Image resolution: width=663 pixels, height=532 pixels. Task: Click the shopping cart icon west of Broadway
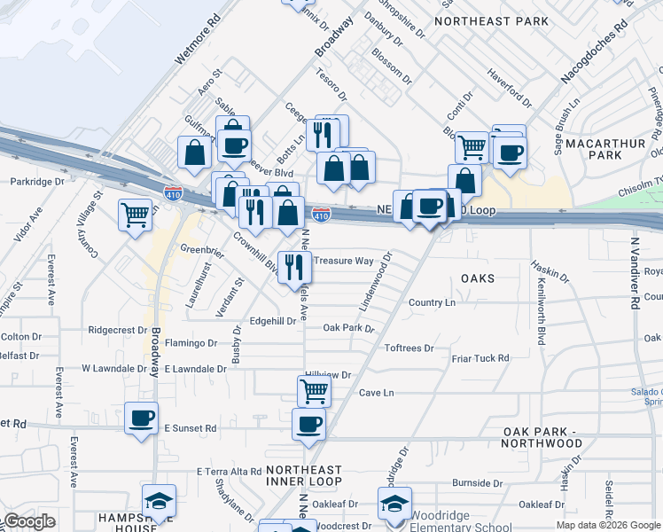(x=135, y=213)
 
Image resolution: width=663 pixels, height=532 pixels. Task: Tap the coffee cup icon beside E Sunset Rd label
(x=141, y=418)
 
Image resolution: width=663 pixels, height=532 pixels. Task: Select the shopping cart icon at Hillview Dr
(x=314, y=390)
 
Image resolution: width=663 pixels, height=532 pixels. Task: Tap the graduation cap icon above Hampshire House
(x=159, y=501)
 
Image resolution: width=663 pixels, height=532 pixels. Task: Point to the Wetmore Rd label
(x=197, y=39)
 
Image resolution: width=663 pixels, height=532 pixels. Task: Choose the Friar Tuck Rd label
(x=480, y=358)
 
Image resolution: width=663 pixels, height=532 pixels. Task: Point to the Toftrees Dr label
(x=409, y=348)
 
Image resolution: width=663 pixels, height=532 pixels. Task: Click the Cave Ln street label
(x=375, y=392)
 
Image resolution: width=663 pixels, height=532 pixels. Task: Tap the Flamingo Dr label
(x=191, y=342)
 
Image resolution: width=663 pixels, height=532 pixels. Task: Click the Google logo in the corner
(x=30, y=522)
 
